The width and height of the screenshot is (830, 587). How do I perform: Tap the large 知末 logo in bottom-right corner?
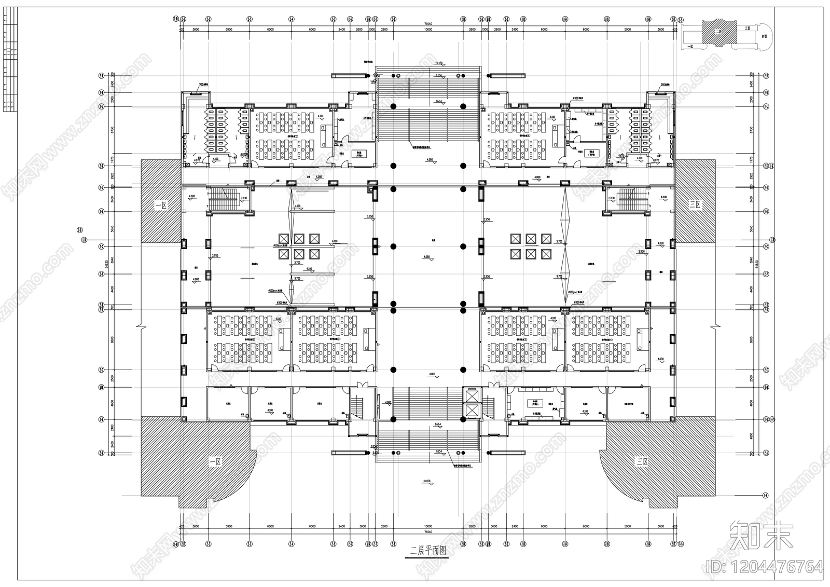pos(761,535)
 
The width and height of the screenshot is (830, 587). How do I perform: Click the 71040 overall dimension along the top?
pos(428,24)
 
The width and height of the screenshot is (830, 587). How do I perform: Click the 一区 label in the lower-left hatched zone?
pos(215,461)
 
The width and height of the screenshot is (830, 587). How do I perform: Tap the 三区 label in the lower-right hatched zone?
pos(642,461)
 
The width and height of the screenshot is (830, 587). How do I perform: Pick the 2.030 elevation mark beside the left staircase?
pos(244,198)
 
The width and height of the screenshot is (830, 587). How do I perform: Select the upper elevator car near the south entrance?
pos(472,396)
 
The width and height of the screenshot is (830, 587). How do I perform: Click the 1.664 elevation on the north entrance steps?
pos(438,101)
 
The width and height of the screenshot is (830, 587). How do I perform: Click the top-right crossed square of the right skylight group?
pos(545,238)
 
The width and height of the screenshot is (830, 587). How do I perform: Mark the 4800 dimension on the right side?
pos(752,436)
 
